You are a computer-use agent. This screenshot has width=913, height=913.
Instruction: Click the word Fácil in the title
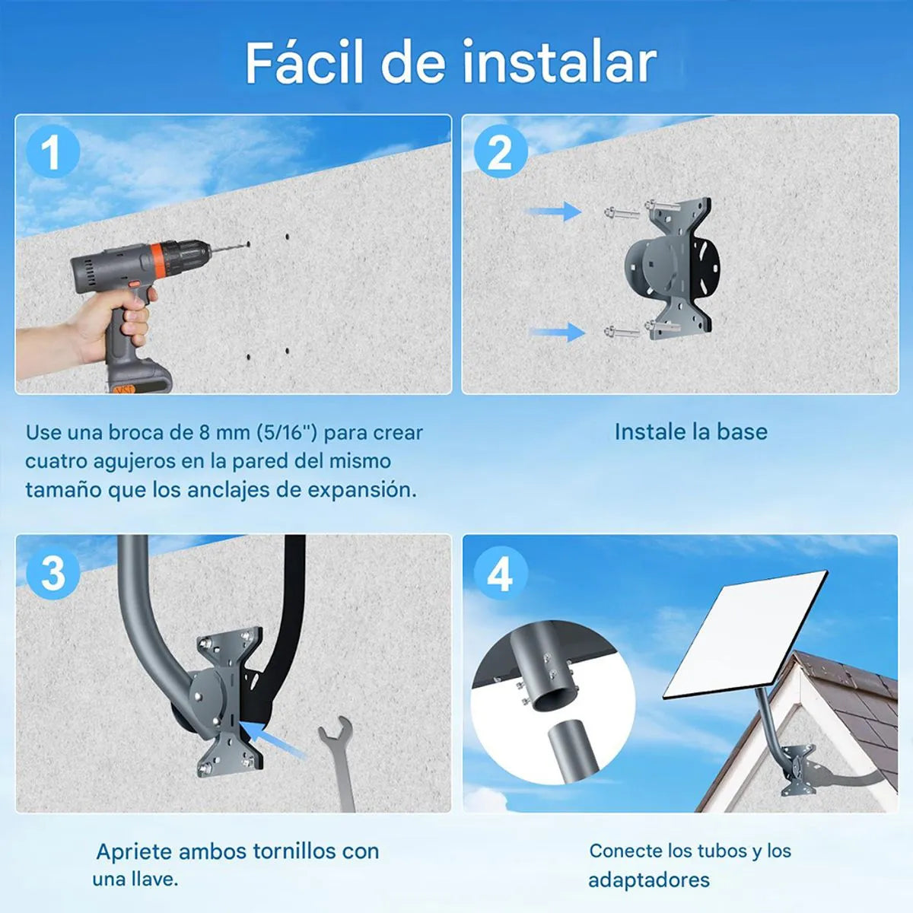coord(304,62)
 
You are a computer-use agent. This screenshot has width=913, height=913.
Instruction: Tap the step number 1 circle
coord(52,151)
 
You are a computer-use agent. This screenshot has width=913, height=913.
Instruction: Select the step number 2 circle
coord(501,151)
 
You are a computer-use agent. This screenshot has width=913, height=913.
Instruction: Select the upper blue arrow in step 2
coord(555,211)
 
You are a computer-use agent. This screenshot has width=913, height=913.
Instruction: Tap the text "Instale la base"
coord(691,431)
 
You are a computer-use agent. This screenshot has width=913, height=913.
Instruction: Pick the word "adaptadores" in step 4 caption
coord(649,880)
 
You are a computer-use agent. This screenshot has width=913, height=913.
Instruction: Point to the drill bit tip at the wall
coord(248,244)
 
